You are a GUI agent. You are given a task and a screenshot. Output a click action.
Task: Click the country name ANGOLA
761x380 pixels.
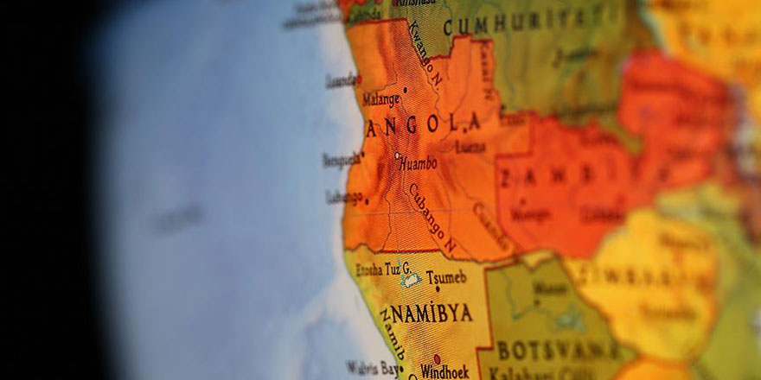[423, 125]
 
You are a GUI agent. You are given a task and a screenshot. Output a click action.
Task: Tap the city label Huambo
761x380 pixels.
[419, 162]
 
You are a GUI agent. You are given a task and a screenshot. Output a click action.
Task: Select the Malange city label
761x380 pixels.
[380, 99]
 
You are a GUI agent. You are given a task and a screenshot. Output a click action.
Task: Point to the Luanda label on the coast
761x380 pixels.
[341, 80]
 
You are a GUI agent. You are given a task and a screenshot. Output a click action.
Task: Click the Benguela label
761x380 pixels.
[341, 159]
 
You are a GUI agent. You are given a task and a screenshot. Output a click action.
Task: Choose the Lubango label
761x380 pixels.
[344, 197]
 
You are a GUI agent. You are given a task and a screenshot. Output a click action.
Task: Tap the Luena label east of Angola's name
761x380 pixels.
[470, 148]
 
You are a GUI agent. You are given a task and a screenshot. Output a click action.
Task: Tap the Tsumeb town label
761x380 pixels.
[445, 276]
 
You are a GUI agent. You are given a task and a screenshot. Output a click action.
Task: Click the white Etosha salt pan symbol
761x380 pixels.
[411, 280]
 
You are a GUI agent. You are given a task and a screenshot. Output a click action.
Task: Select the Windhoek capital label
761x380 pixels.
[445, 371]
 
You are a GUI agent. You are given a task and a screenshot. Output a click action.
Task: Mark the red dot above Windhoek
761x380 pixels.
[436, 358]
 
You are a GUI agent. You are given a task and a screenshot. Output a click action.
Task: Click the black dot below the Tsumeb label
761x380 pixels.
[437, 288]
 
